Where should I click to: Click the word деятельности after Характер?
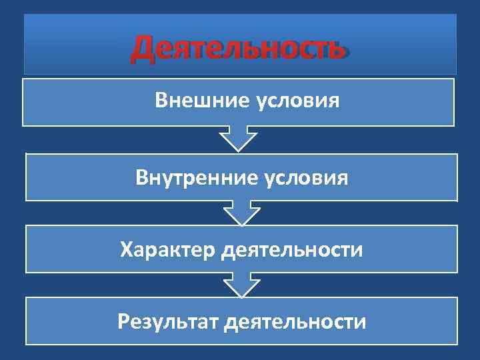[x=292, y=251]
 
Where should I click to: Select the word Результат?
[x=167, y=322]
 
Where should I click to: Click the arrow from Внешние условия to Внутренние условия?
[x=239, y=139]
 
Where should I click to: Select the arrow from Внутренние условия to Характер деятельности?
[x=241, y=213]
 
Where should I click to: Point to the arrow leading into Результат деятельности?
[x=241, y=285]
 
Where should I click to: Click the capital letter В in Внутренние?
[x=141, y=178]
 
